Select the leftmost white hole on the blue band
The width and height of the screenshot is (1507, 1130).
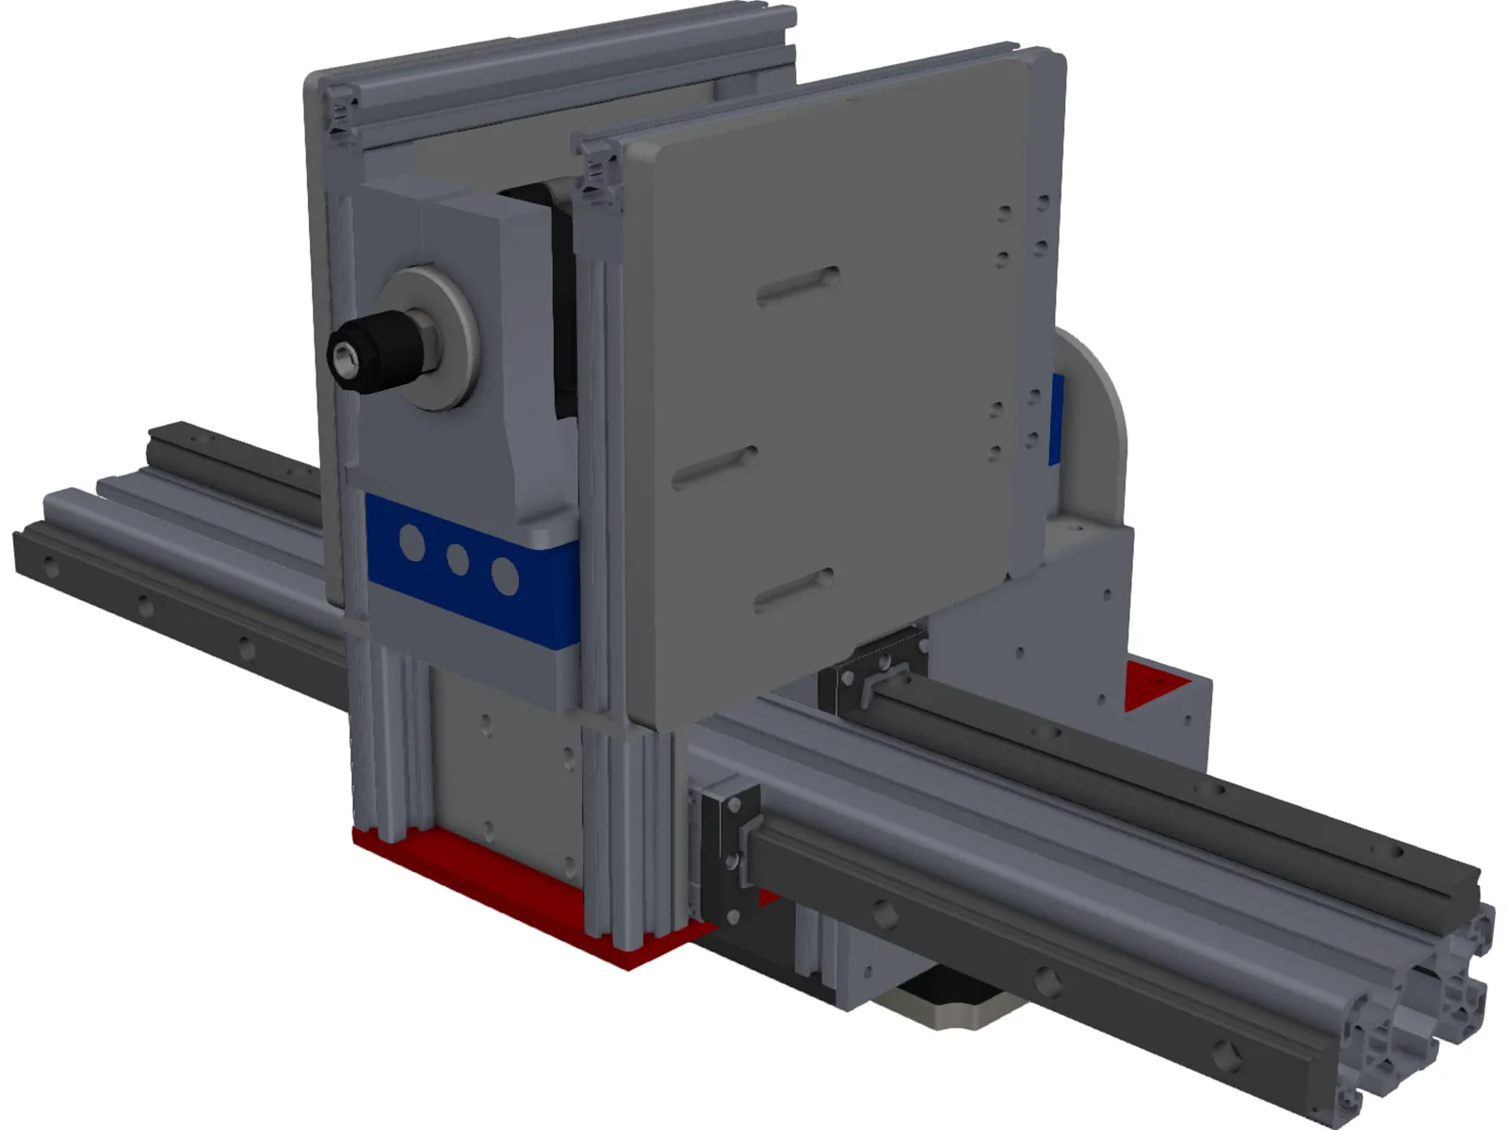[412, 543]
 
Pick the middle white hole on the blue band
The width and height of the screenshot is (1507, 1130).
[458, 559]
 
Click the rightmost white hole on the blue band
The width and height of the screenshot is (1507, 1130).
[505, 576]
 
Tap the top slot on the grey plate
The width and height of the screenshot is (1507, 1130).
[799, 284]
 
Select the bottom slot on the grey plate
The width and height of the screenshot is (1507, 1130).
[794, 589]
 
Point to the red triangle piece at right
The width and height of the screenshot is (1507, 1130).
[1155, 682]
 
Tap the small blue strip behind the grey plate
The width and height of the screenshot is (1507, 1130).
[1057, 419]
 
